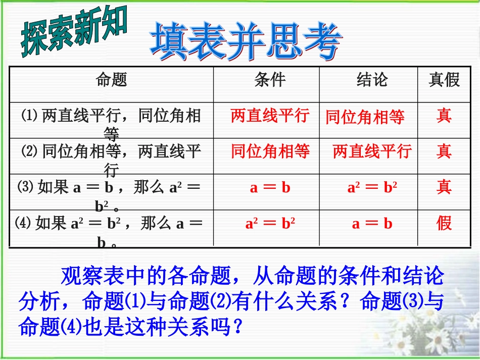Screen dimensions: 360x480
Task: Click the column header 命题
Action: click(x=111, y=80)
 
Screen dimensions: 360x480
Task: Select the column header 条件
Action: click(x=270, y=80)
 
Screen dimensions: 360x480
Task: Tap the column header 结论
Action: click(x=372, y=80)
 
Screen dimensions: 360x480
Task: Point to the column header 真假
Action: click(x=444, y=80)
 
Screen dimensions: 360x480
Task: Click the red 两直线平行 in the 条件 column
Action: click(x=270, y=116)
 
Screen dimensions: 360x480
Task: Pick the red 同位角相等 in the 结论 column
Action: click(x=365, y=117)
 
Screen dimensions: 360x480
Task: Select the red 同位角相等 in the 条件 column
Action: click(x=270, y=151)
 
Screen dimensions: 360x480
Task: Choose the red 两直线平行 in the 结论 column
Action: click(x=372, y=151)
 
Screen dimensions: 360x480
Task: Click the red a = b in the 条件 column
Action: click(x=270, y=188)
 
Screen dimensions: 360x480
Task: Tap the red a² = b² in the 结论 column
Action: click(x=372, y=188)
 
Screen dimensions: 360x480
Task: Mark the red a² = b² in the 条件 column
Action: click(x=270, y=224)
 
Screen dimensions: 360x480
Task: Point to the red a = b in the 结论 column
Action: click(x=372, y=224)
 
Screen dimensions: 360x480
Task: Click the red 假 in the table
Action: click(x=444, y=223)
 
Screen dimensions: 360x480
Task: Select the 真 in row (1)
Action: click(x=444, y=116)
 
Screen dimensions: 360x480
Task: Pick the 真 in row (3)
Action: click(x=444, y=187)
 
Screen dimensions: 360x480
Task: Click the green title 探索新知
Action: click(x=74, y=33)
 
